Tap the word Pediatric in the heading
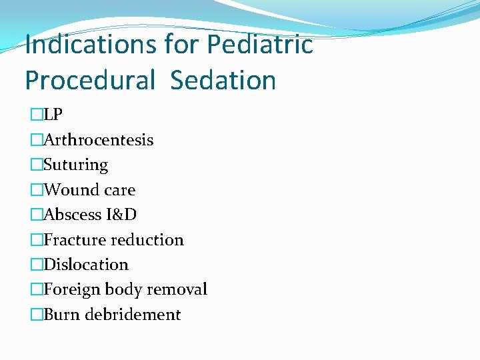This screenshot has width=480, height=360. point(259,45)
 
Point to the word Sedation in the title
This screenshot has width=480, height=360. point(223,80)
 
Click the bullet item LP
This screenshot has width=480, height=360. point(53,115)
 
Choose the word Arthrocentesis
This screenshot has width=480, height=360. point(98,140)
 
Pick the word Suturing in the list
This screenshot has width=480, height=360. point(75,165)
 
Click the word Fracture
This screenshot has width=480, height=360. point(74,240)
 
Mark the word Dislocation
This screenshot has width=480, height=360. point(85,265)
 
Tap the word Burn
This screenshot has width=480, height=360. point(61,315)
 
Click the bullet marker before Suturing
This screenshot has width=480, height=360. point(37,165)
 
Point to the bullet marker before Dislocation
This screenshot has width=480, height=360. point(37,265)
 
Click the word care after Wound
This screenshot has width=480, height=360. point(121,190)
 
